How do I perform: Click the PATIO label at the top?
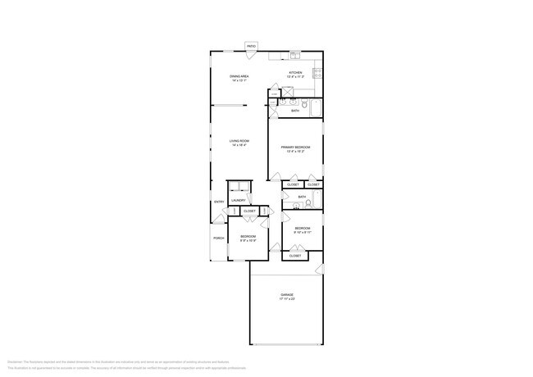[251, 46]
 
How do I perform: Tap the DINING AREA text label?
[239, 76]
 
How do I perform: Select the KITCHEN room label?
[295, 73]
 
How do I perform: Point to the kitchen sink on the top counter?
[295, 56]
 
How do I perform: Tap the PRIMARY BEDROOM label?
[295, 147]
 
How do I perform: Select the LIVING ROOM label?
[239, 141]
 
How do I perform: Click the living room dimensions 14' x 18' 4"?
[239, 145]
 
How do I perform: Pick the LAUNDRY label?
[239, 201]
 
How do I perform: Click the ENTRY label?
[219, 202]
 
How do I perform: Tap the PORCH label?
[219, 238]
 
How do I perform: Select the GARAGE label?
[287, 294]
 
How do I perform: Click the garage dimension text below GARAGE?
[287, 299]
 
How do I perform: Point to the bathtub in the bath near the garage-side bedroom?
[317, 199]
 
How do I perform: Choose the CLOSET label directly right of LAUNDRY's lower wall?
[249, 211]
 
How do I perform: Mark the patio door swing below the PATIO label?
[251, 52]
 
